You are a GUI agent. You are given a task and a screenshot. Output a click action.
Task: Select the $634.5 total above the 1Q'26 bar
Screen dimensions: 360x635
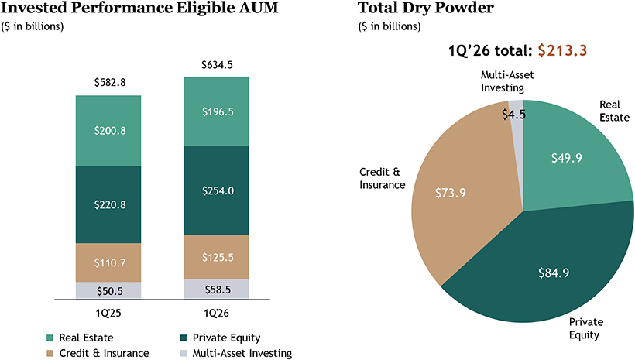coord(216,65)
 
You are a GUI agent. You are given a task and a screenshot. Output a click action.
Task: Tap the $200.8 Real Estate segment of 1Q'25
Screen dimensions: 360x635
coord(108,131)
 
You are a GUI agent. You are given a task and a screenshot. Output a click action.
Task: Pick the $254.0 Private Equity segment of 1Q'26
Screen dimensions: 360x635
coord(216,190)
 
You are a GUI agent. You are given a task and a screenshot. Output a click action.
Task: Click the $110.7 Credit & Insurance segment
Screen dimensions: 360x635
coord(108,263)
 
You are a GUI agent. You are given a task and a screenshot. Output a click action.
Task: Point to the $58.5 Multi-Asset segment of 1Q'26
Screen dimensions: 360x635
coord(216,289)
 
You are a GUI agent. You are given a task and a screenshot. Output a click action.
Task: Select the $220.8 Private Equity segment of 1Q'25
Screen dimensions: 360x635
coord(108,205)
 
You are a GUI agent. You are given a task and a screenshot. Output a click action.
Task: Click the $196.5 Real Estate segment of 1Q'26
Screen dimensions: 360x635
coord(216,111)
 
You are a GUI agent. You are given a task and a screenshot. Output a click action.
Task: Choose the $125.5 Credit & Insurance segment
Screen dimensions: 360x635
coord(216,257)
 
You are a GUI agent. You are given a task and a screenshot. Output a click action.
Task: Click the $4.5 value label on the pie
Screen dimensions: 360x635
coord(513,115)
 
